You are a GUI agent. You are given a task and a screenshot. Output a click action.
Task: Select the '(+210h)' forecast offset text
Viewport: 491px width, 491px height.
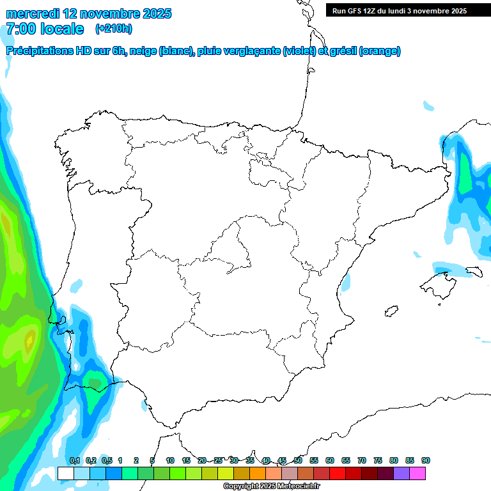click(114, 29)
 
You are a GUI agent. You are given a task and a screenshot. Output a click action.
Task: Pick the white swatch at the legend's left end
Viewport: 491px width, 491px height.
click(65, 473)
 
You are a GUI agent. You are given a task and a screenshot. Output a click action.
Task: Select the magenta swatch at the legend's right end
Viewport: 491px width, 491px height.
click(417, 473)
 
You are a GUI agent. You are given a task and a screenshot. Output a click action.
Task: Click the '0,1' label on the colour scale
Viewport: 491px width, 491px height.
click(75, 460)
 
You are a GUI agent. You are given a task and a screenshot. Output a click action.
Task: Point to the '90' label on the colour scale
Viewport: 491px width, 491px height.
click(426, 460)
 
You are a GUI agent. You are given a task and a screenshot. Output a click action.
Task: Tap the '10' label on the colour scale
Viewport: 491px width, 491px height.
click(170, 460)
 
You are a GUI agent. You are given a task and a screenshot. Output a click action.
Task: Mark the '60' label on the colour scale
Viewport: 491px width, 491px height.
click(330, 460)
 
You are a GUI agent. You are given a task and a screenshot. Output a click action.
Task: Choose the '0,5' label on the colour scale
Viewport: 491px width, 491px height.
click(107, 460)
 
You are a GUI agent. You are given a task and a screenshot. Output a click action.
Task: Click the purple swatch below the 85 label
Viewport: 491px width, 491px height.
click(401, 473)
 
